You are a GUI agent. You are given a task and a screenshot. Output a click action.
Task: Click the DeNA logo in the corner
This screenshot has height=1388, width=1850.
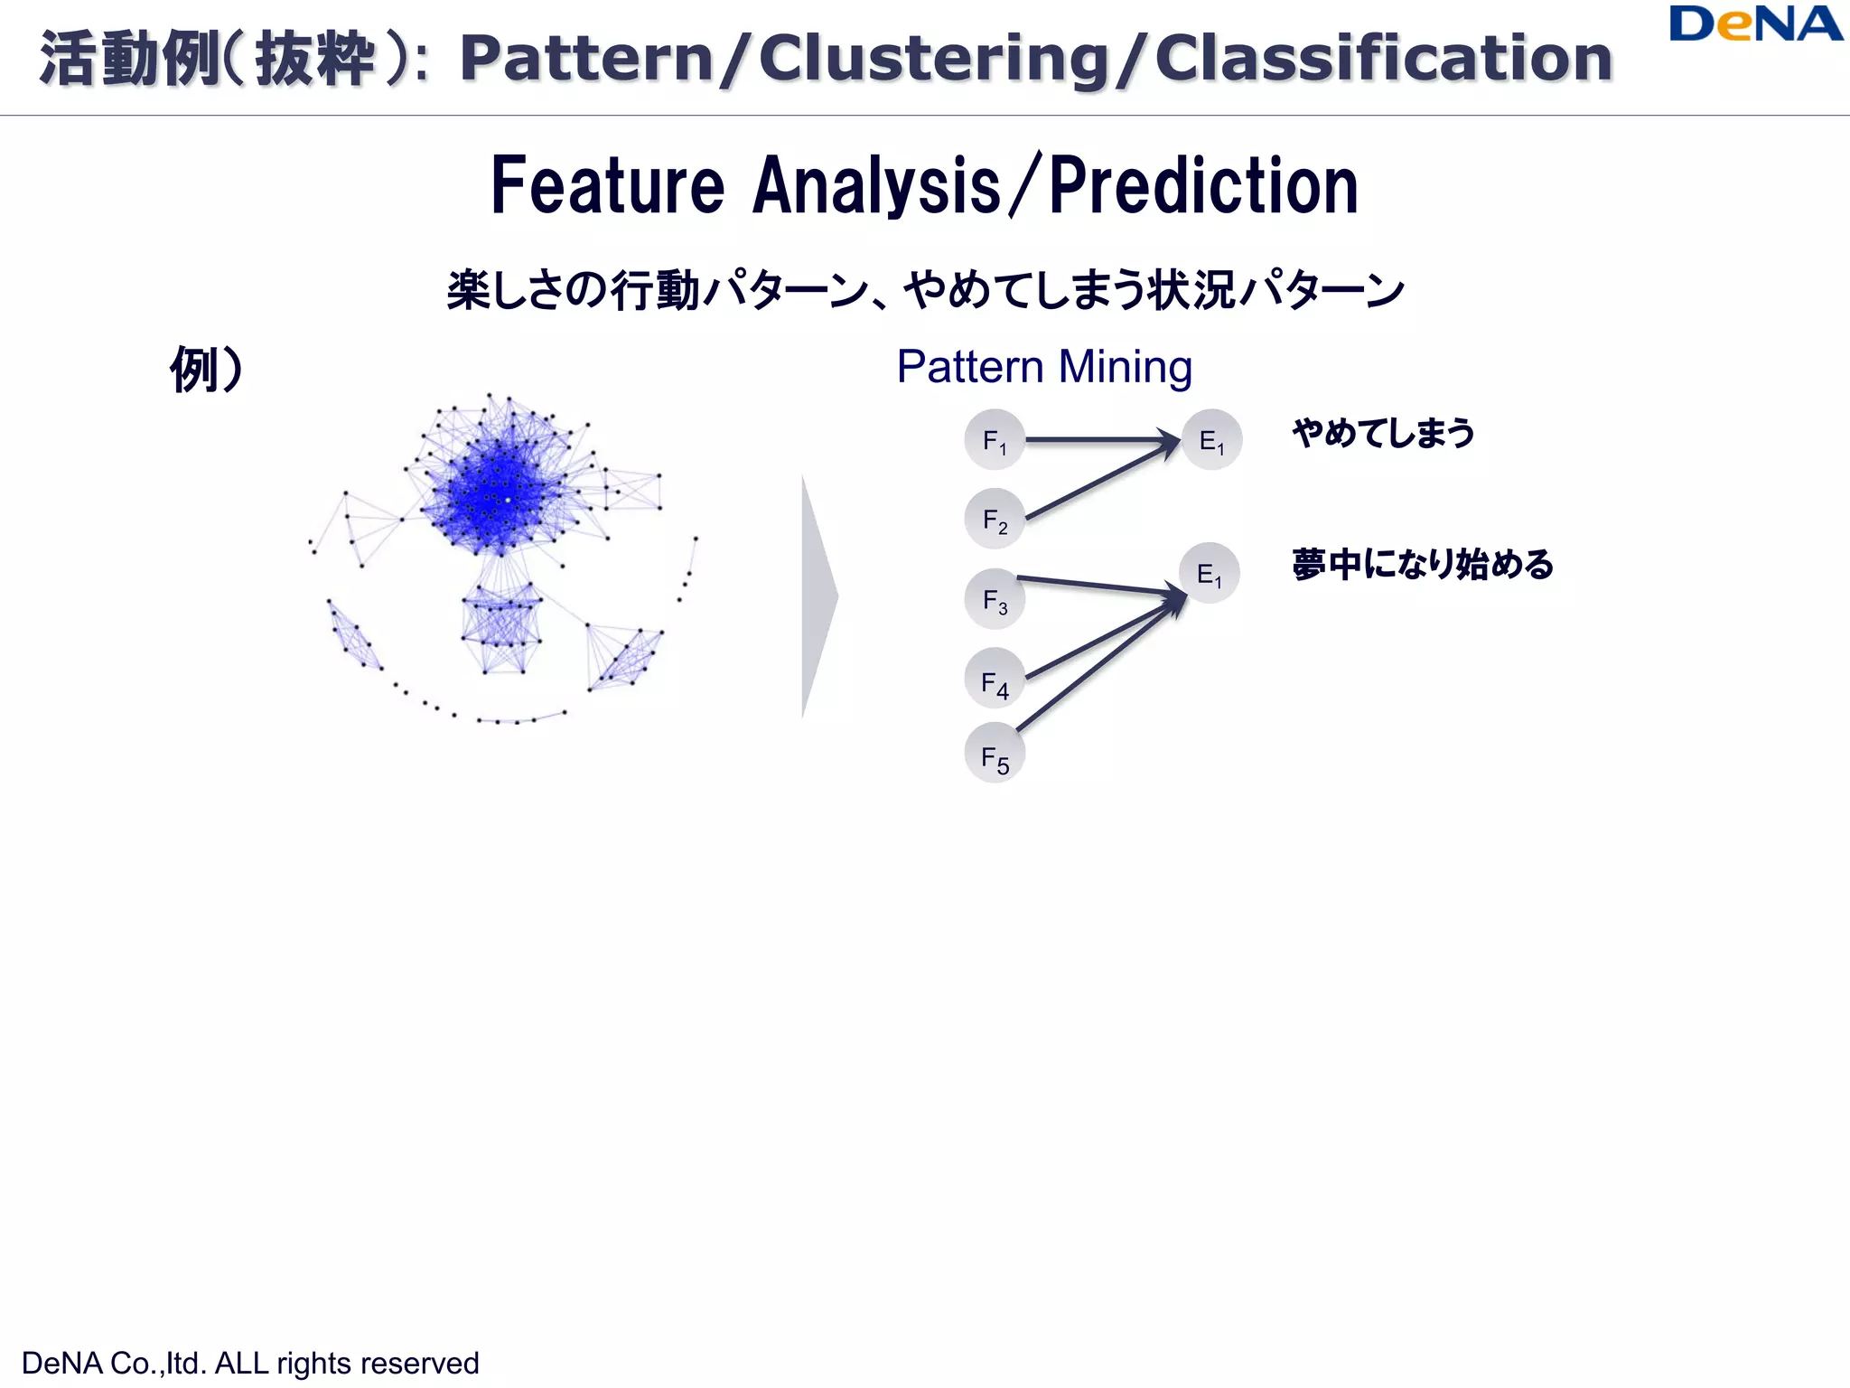(x=1755, y=24)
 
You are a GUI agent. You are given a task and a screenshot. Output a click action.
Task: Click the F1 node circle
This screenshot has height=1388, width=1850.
(x=995, y=440)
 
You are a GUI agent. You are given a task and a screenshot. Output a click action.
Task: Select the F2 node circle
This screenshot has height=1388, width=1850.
(x=995, y=520)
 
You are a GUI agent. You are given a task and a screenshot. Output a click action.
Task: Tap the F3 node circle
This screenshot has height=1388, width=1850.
(x=995, y=599)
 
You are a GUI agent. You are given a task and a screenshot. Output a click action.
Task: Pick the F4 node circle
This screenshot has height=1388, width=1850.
(x=995, y=679)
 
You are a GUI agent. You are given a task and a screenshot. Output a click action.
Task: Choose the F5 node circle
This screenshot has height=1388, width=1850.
(x=995, y=754)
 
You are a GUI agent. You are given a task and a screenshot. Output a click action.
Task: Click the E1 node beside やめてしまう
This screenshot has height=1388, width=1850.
(x=1212, y=440)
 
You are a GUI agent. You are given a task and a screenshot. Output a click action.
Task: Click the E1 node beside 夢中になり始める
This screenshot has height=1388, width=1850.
(x=1210, y=573)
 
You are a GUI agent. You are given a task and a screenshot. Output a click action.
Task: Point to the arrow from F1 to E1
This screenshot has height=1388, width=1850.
(x=1098, y=440)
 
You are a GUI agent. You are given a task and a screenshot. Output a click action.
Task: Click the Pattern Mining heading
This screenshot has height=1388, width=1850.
(x=1044, y=368)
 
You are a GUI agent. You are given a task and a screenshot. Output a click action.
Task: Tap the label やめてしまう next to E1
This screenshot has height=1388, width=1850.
(x=1383, y=433)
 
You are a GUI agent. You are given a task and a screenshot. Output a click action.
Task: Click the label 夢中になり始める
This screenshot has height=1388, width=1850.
(x=1422, y=564)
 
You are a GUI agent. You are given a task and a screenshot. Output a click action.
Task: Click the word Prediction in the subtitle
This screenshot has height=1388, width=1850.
(x=1203, y=186)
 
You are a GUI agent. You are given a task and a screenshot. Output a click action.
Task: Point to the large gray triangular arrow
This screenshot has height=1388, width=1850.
(x=818, y=596)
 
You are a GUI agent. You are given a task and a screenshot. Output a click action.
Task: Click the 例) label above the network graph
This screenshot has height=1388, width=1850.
(x=207, y=369)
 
